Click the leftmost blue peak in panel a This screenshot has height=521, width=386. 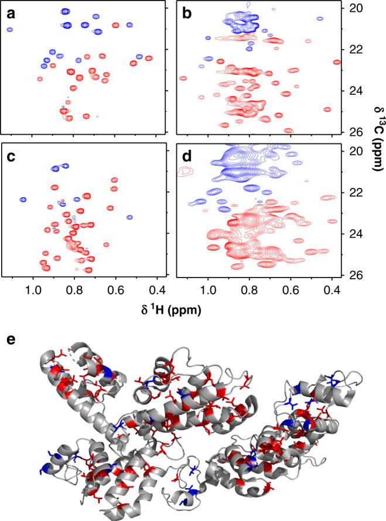click(9, 29)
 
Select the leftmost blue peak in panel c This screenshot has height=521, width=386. click(23, 200)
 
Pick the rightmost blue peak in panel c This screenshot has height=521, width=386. click(129, 217)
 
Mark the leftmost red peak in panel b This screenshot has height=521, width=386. click(183, 78)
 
